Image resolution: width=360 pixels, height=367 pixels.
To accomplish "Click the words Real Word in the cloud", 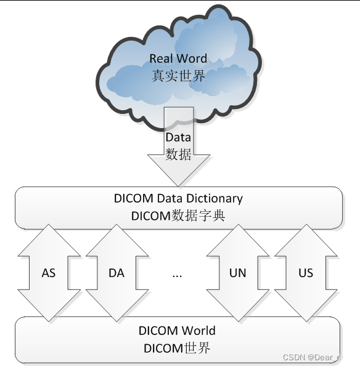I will pos(178,59).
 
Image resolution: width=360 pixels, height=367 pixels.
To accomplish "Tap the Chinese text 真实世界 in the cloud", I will pos(178,76).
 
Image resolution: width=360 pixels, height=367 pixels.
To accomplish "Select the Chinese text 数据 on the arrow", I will pos(178,154).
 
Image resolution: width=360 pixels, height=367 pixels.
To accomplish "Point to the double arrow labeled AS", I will pos(49,273).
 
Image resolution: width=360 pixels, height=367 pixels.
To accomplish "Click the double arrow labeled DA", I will pos(116,273).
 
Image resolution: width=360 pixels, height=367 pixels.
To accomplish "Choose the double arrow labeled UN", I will pos(237,273).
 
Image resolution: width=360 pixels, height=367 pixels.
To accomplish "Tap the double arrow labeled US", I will pos(305,273).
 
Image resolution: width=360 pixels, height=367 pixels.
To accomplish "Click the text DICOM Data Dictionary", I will pos(178,199).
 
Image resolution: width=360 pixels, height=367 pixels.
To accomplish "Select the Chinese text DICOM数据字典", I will pos(178,216).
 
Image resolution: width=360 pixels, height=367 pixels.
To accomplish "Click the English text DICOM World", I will pos(178,331).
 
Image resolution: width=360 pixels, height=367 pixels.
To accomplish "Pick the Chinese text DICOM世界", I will pos(178,348).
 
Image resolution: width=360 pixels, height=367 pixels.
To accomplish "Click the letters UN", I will pos(237,273).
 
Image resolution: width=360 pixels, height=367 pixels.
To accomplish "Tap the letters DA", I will pos(116,273).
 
